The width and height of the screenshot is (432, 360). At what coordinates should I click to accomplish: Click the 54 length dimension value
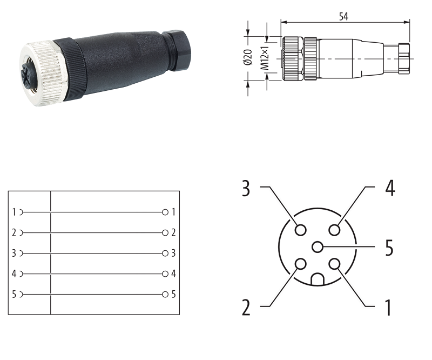click(343, 17)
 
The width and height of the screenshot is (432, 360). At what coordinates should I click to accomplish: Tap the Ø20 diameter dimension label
click(248, 57)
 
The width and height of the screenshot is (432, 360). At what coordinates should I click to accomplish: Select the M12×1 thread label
click(265, 58)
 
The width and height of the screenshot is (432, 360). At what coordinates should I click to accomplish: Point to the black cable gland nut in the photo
click(177, 51)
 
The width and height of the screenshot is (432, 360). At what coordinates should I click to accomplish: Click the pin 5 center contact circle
click(318, 246)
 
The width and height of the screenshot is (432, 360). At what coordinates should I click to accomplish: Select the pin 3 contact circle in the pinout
click(300, 230)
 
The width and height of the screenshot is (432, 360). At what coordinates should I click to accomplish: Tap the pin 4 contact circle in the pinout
click(334, 230)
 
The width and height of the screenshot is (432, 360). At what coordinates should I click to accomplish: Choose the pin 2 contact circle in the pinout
click(300, 264)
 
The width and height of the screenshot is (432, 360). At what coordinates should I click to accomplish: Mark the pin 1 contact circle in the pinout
click(334, 264)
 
